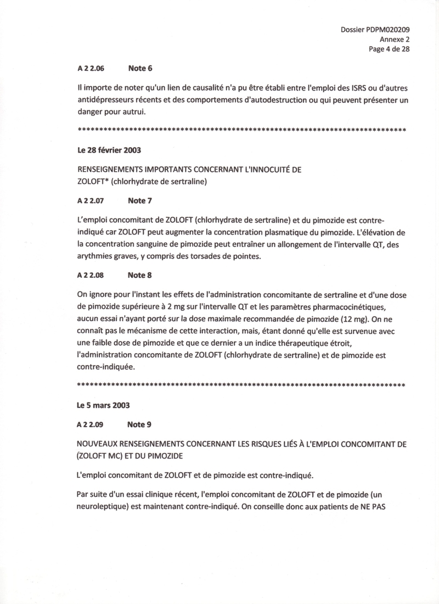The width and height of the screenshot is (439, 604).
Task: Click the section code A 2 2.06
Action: tap(91, 69)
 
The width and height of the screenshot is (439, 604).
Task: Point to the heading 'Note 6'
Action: tap(140, 69)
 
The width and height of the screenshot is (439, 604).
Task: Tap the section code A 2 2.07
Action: tap(91, 201)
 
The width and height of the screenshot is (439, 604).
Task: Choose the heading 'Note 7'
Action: tap(140, 201)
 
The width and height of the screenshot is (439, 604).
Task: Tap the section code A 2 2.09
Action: tap(91, 424)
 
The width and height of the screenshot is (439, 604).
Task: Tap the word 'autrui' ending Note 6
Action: tap(138, 111)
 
